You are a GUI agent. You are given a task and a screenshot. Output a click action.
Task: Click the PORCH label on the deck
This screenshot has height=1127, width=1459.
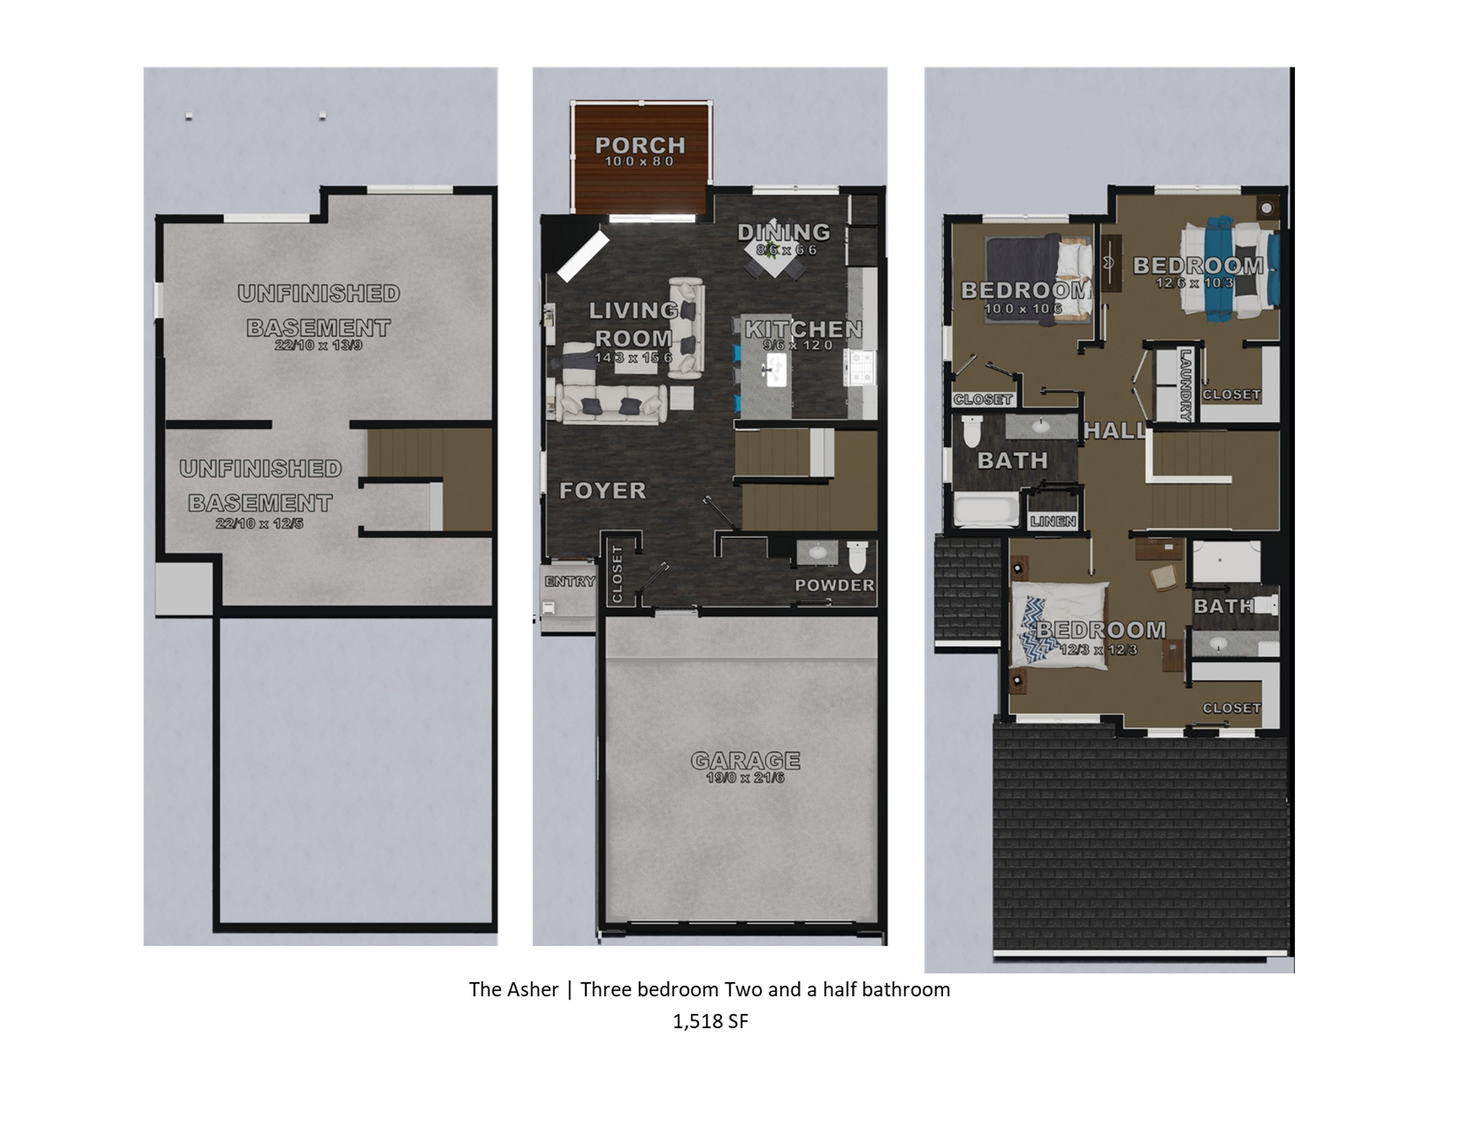[x=640, y=144]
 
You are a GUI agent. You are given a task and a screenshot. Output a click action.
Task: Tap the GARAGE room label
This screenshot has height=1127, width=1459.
[x=745, y=759]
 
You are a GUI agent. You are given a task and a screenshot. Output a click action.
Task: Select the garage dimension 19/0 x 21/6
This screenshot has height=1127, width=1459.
[x=745, y=778]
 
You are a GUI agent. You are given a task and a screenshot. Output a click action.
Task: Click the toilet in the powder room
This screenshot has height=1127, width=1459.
[x=856, y=557]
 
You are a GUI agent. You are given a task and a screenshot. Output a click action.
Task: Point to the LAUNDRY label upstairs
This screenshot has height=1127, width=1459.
[x=1185, y=385]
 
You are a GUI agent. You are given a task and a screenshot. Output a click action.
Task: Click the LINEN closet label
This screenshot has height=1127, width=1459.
[x=1053, y=521]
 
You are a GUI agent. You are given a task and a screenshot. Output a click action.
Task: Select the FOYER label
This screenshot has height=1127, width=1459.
[x=603, y=491]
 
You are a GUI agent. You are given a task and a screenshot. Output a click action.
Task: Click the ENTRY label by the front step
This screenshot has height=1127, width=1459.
[x=569, y=582]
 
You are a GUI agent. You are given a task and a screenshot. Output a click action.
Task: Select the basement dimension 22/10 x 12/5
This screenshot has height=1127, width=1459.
[x=259, y=523]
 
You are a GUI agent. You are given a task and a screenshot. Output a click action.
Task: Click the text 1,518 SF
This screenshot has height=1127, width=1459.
[x=710, y=1021]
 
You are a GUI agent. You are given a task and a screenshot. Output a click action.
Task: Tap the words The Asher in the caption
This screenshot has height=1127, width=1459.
[x=513, y=990]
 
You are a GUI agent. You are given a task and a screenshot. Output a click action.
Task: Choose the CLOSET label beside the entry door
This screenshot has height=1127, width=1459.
[x=616, y=574]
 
